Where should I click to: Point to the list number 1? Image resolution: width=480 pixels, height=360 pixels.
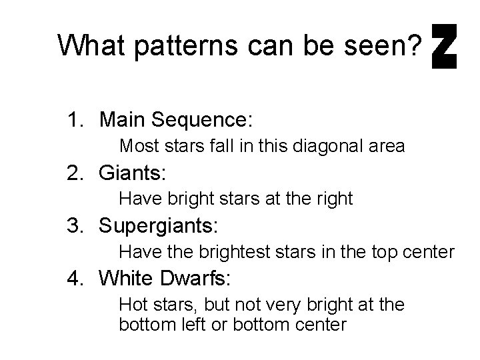pos(73,121)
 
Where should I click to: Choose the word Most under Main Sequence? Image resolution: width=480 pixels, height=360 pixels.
pos(135,145)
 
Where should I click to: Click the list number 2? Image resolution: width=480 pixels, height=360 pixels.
pos(73,174)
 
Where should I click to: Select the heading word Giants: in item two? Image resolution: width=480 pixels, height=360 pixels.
pos(132,174)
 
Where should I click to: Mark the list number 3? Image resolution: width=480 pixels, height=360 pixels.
pos(73,227)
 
